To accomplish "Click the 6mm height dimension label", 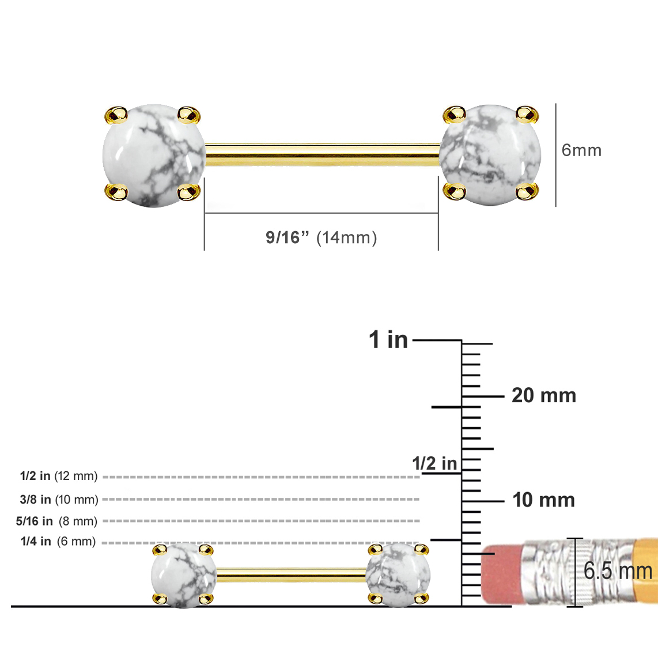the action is click(581, 150).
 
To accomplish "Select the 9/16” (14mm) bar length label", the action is click(322, 237).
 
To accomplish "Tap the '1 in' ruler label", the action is click(388, 339).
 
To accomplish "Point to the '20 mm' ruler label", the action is click(544, 395).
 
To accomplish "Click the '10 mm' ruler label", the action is click(543, 500).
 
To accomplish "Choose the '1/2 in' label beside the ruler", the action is click(434, 463).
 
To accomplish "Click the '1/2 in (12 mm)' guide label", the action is click(59, 476).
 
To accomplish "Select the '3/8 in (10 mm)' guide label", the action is click(59, 500).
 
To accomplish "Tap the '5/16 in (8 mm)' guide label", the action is click(56, 521).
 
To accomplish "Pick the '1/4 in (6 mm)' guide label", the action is click(58, 542).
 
